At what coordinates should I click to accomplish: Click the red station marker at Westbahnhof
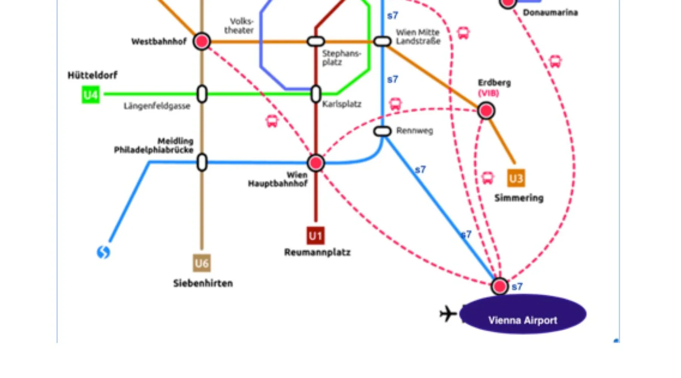pos(202,41)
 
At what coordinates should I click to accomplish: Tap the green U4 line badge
pos(91,94)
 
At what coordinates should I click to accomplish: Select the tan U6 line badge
pos(202,263)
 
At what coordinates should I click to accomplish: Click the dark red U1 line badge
pos(316,236)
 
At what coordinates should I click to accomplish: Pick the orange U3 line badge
pos(516,178)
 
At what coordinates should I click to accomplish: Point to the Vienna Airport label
pos(523,320)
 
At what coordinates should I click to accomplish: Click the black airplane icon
pos(448,313)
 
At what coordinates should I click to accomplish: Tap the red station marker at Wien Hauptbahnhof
pos(316,163)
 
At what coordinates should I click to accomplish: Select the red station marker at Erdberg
pos(486,111)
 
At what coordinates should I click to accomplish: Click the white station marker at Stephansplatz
pos(316,41)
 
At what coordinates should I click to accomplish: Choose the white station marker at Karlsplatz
pos(316,94)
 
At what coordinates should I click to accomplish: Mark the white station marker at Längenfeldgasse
pos(202,94)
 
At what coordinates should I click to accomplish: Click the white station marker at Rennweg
pos(382,131)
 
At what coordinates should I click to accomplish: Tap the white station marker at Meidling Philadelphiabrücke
pos(202,163)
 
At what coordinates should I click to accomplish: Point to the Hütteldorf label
pos(93,75)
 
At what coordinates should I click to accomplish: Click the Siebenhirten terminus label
pos(203,283)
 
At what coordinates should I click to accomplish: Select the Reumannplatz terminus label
pos(317,252)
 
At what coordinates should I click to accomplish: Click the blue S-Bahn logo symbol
pos(103,252)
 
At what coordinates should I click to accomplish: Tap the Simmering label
pos(519,198)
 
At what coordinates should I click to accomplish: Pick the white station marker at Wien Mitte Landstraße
pos(382,41)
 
